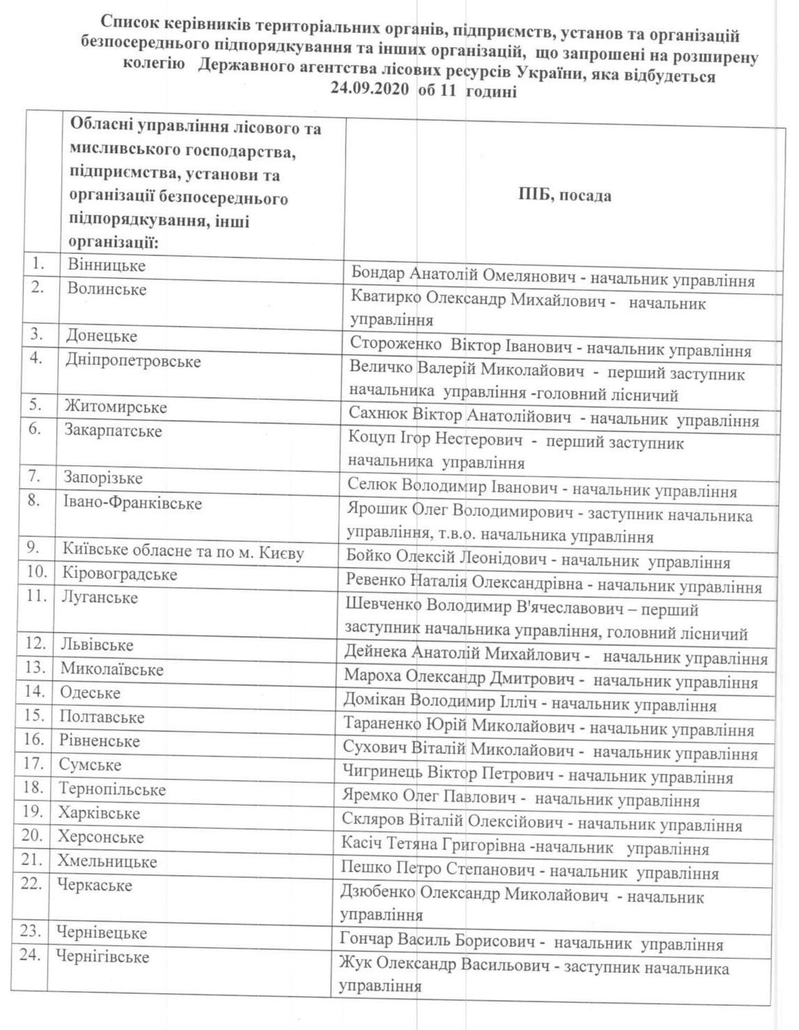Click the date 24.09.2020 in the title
click(370, 90)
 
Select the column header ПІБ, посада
click(564, 195)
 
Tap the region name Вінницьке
click(107, 265)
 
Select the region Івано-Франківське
click(132, 503)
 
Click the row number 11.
click(37, 596)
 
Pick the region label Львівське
click(97, 644)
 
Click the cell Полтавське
click(102, 717)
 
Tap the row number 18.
click(33, 787)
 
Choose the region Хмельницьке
click(107, 862)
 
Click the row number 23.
click(31, 931)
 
